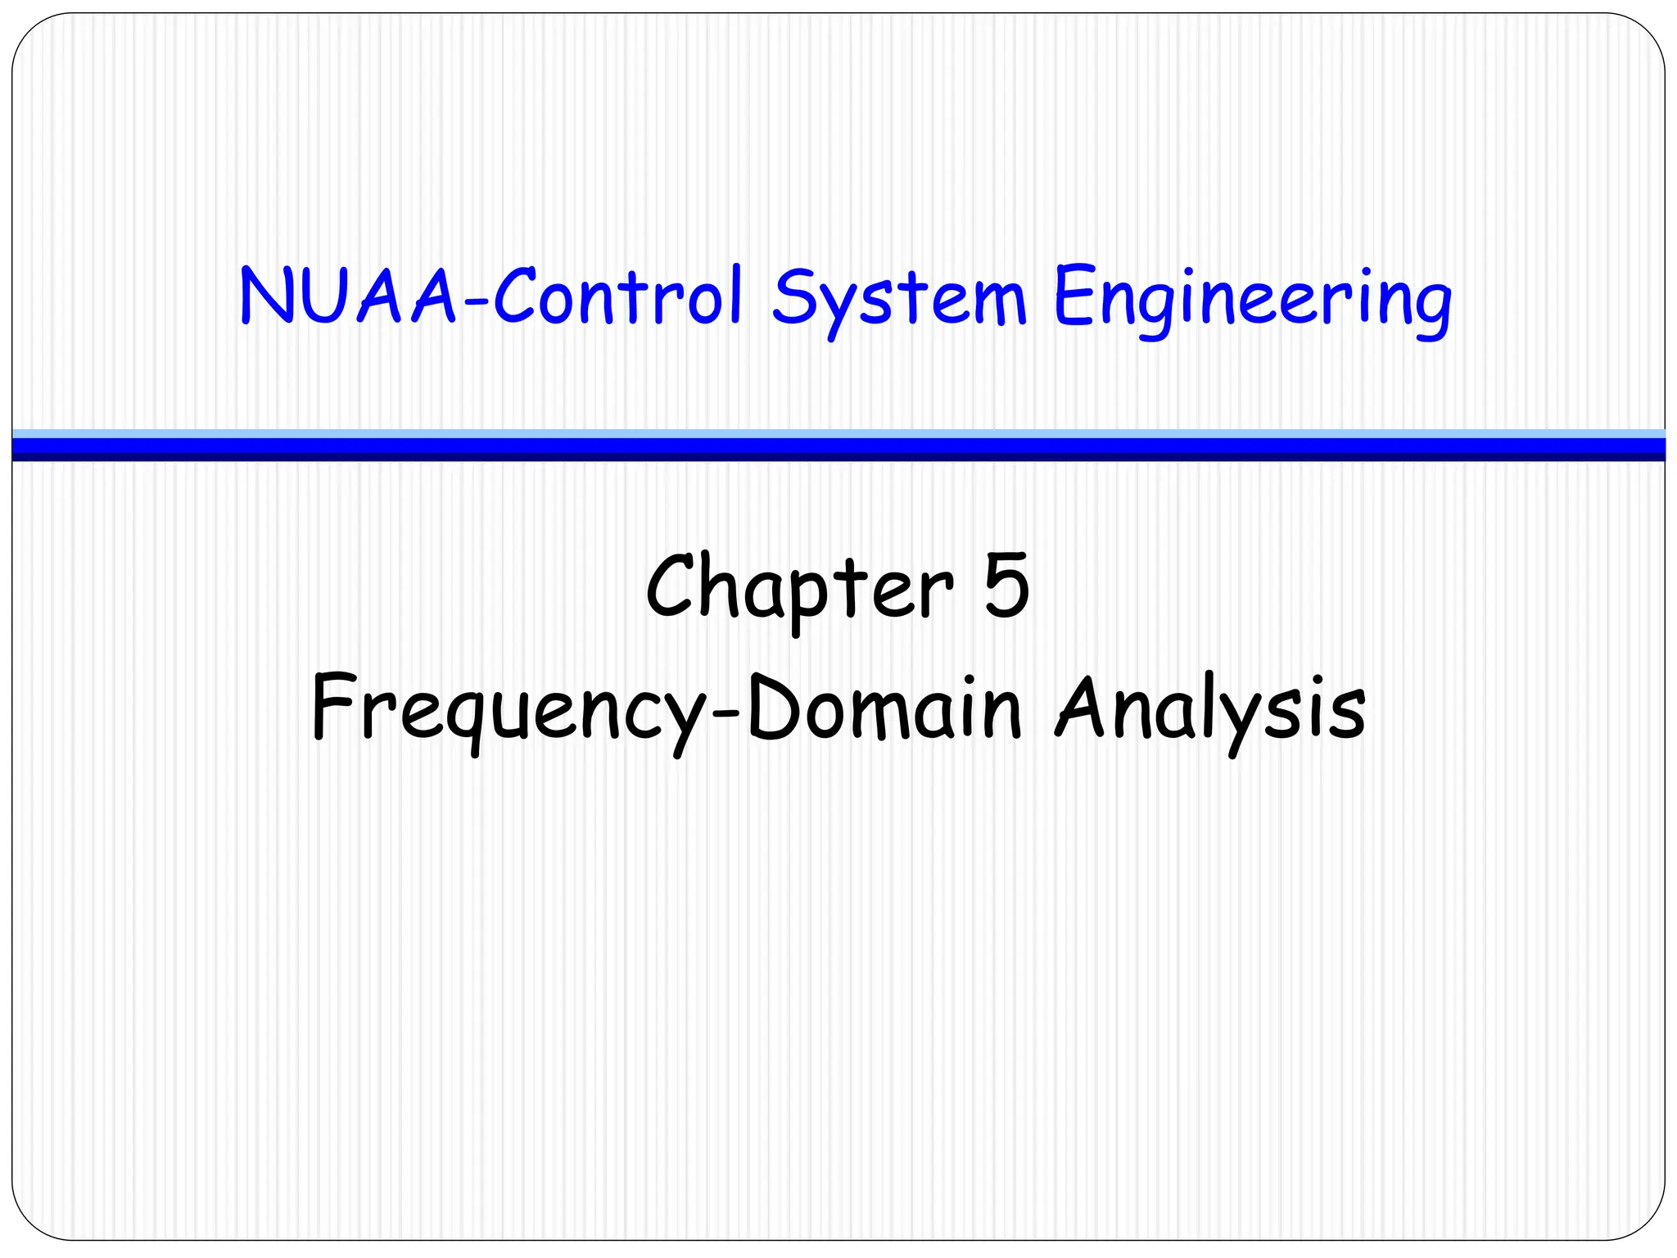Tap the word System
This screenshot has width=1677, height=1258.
tap(899, 299)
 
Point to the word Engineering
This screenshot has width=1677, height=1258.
tap(1252, 299)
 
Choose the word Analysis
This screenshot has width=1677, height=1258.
tap(1210, 708)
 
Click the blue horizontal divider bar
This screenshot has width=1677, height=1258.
tap(838, 446)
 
